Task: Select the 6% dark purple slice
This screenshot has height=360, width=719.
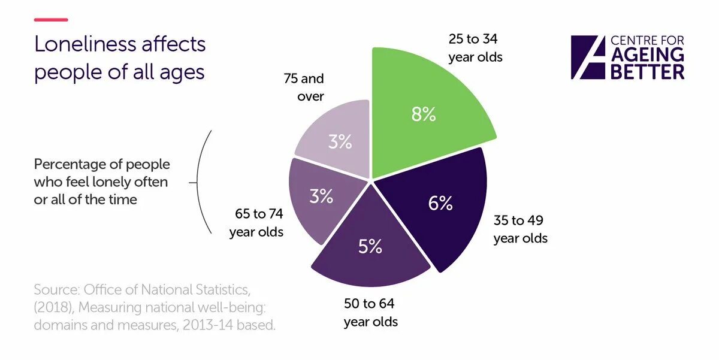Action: coord(437,207)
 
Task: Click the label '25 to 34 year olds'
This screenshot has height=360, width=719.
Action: coord(475,49)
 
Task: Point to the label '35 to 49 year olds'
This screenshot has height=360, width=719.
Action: coord(520,229)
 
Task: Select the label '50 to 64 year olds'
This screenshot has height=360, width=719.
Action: coord(370,312)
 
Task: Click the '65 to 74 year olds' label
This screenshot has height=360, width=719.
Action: coord(256,223)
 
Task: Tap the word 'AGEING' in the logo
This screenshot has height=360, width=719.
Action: coord(647,55)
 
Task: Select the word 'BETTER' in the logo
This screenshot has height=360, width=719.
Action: coord(647,72)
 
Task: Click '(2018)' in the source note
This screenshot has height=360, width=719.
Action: coord(53,308)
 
